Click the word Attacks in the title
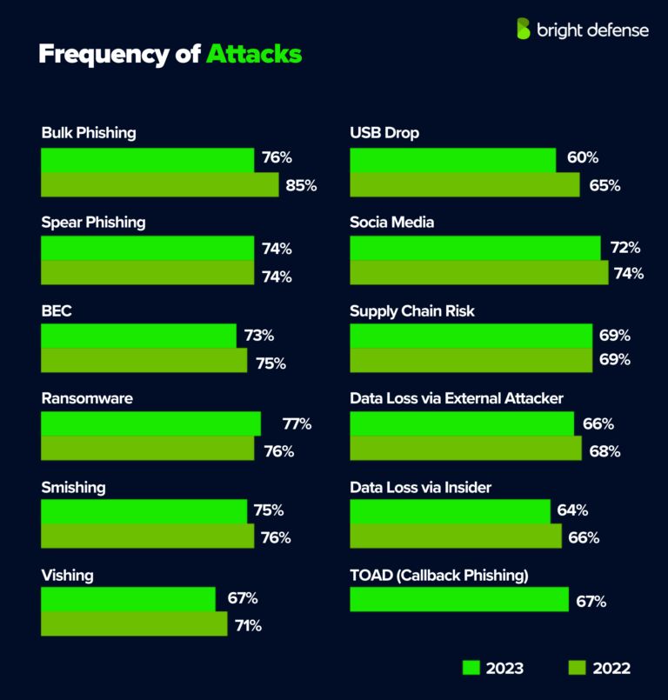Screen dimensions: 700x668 [x=254, y=54]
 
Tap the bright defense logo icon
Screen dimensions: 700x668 [x=523, y=29]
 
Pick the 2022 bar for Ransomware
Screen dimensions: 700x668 [x=147, y=449]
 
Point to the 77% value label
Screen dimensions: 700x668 [x=297, y=424]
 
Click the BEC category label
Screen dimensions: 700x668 [x=57, y=310]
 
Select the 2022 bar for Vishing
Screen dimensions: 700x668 [x=134, y=624]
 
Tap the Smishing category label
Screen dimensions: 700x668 [x=73, y=487]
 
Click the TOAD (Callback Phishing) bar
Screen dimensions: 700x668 [x=459, y=600]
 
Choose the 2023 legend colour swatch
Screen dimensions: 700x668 [x=471, y=667]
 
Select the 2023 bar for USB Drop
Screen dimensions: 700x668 [x=452, y=159]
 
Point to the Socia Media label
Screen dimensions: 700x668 [x=391, y=222]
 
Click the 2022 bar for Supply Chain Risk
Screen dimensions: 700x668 [x=471, y=360]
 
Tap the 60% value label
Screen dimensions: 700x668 [x=583, y=158]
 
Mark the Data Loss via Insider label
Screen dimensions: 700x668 [x=420, y=487]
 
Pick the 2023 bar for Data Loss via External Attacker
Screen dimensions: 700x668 [x=461, y=423]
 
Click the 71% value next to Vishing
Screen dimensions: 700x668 [x=246, y=625]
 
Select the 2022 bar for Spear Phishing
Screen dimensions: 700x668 [x=148, y=272]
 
